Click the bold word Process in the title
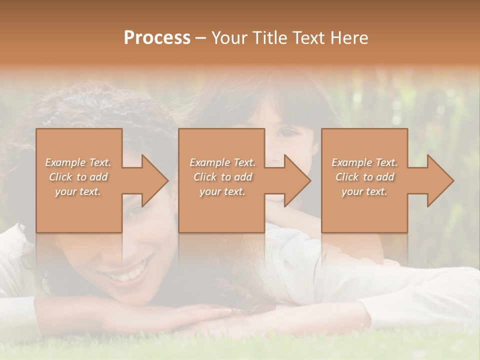(157, 38)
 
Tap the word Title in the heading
(268, 38)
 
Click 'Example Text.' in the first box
(78, 162)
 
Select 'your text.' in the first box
(78, 191)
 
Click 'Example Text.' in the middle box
(222, 162)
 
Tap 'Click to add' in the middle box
(222, 177)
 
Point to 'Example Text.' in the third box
(364, 162)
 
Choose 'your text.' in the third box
(364, 191)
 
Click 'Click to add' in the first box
(78, 177)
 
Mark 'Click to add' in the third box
(364, 177)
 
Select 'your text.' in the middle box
(222, 191)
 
